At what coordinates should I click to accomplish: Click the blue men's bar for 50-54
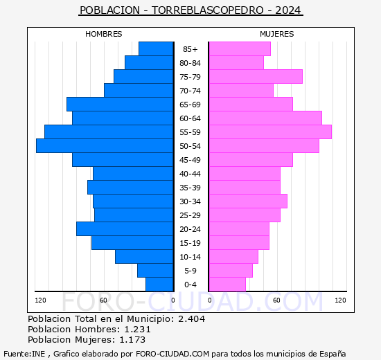[105, 146]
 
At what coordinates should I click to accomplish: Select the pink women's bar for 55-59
[270, 132]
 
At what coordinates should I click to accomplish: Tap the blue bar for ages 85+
[156, 49]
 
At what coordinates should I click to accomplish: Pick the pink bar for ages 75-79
[256, 77]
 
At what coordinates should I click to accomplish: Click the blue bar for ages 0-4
[159, 285]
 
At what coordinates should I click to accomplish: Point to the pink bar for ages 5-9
[231, 271]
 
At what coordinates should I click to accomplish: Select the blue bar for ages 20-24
[125, 229]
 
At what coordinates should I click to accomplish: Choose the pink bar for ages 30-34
[248, 201]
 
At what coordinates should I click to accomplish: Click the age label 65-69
[190, 105]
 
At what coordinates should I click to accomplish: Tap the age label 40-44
[190, 174]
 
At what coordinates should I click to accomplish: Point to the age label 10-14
[190, 257]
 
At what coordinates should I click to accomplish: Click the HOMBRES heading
[103, 34]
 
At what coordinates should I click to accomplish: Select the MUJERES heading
[277, 34]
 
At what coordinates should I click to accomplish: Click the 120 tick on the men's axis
[40, 300]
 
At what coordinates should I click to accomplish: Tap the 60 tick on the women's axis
[276, 300]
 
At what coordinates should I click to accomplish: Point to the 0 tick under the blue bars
[172, 300]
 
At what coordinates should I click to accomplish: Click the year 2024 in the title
[288, 10]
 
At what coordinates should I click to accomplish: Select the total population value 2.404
[192, 318]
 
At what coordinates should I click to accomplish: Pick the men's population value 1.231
[138, 329]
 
